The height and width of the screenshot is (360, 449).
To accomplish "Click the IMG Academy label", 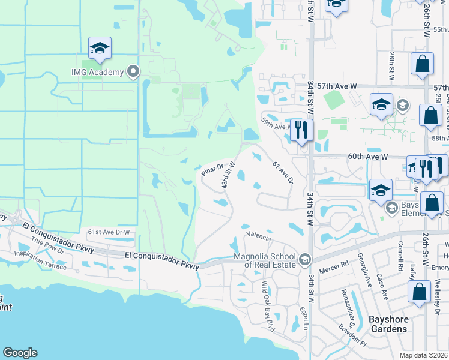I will [x=97, y=73].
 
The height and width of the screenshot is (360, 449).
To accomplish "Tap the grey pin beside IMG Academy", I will [x=133, y=72].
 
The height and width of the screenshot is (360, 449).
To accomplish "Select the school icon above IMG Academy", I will [x=100, y=49].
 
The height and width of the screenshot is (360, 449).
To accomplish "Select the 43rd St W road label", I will [x=228, y=175].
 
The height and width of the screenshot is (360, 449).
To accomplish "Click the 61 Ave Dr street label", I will [x=283, y=172].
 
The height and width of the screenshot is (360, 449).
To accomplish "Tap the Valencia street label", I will [x=260, y=236].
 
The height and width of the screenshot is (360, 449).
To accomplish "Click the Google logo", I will [x=20, y=353].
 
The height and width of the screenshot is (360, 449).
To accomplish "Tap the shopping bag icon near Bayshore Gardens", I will [x=419, y=292].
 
